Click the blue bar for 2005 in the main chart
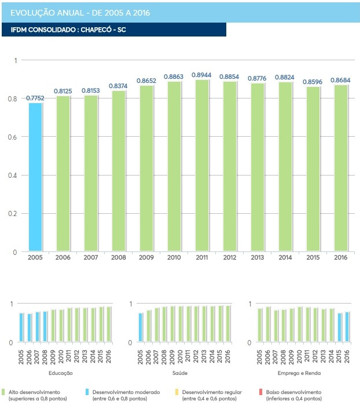pyautogui.click(x=35, y=177)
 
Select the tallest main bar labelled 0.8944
pyautogui.click(x=202, y=165)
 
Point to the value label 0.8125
pyautogui.click(x=63, y=91)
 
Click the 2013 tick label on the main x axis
pyautogui.click(x=258, y=258)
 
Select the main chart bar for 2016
pyautogui.click(x=341, y=168)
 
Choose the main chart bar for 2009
pyautogui.click(x=146, y=169)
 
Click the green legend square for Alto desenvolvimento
pyautogui.click(x=4, y=392)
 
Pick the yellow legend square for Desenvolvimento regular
pyautogui.click(x=176, y=392)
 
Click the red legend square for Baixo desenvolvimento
pyautogui.click(x=262, y=392)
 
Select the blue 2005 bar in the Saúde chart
pyautogui.click(x=141, y=327)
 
